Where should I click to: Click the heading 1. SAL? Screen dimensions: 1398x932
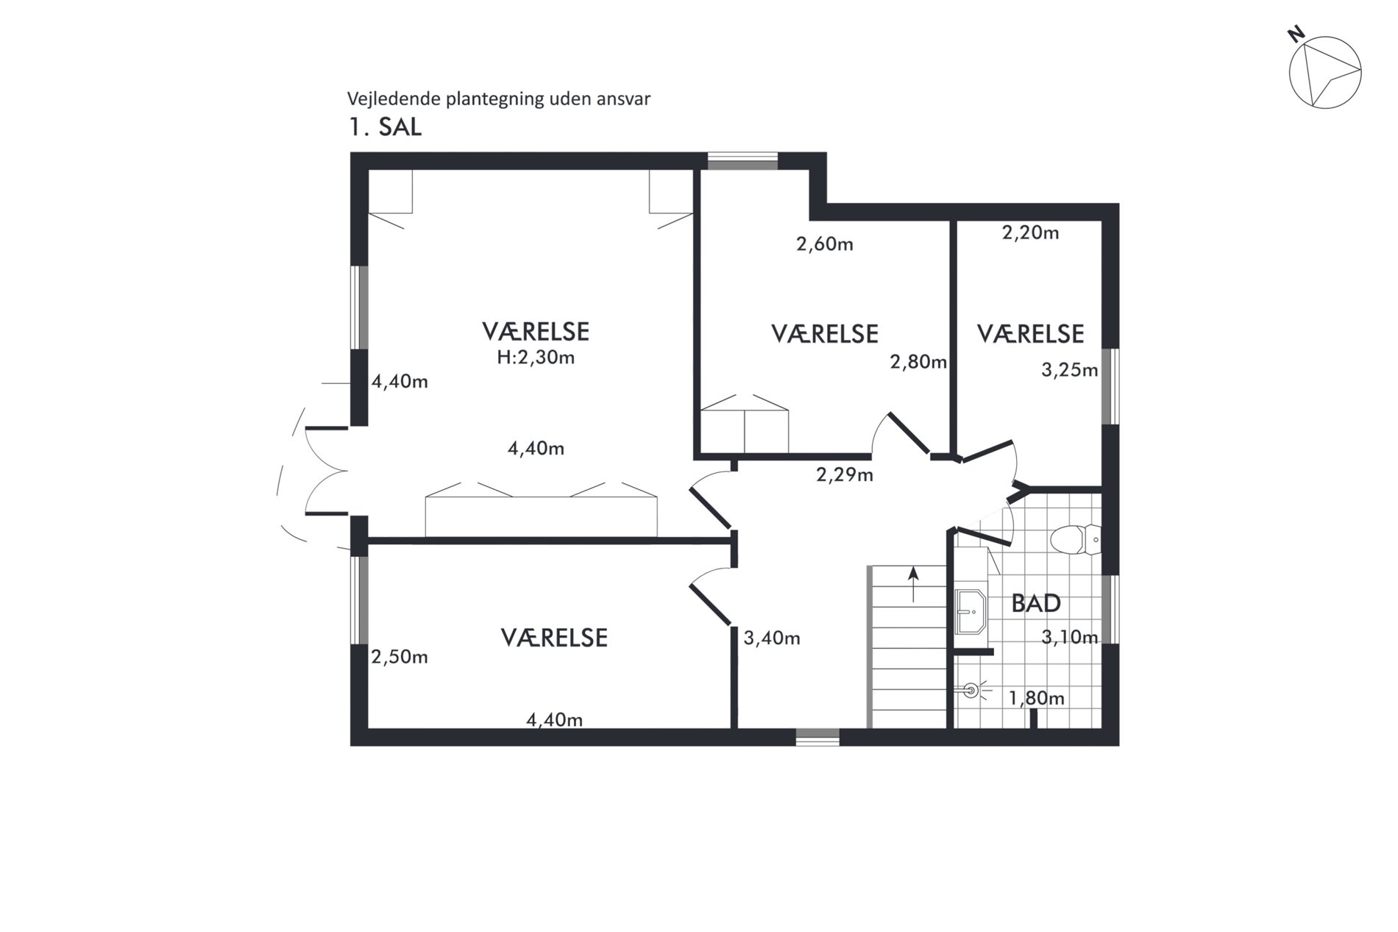[x=385, y=127]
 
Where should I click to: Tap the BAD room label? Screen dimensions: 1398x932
[x=1036, y=603]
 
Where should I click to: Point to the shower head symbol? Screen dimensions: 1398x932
[x=971, y=691]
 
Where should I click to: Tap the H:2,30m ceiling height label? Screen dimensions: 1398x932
[x=536, y=357]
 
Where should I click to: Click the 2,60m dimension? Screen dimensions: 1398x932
[x=825, y=244]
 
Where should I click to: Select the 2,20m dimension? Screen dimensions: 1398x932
[x=1031, y=233]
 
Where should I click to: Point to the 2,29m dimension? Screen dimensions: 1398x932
[x=845, y=475]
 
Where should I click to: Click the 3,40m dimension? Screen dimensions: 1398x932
[x=772, y=638]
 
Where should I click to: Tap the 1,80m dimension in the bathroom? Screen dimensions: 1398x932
[x=1037, y=698]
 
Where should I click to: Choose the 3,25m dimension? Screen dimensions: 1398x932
[x=1070, y=370]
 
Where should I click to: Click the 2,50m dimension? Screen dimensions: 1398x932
[x=400, y=657]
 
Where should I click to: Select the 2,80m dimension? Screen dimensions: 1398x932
[x=918, y=362]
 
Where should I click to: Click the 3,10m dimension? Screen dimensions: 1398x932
[x=1070, y=637]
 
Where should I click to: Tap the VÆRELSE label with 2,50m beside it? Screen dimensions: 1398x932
[x=555, y=637]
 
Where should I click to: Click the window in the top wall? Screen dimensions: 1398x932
[x=742, y=161]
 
